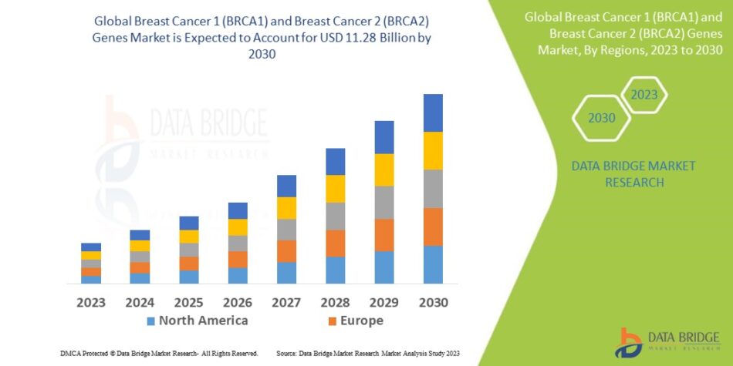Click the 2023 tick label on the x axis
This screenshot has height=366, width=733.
(91, 302)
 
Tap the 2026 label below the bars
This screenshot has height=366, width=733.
(238, 302)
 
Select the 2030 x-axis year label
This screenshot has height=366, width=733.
(433, 302)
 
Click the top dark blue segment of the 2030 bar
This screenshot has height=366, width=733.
(433, 112)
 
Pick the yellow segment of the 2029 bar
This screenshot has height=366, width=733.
(384, 170)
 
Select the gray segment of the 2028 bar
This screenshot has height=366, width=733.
(335, 216)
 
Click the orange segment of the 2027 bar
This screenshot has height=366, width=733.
(286, 251)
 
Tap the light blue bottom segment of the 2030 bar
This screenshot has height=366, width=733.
(433, 264)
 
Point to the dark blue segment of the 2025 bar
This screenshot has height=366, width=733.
(189, 223)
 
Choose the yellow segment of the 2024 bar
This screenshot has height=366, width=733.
(140, 246)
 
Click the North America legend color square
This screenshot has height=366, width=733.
(151, 321)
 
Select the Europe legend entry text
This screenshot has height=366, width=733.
(361, 321)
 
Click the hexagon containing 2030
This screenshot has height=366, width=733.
(602, 118)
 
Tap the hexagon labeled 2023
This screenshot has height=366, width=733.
(643, 95)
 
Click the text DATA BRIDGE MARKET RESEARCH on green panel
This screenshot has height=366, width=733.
(622, 174)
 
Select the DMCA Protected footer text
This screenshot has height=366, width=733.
(158, 353)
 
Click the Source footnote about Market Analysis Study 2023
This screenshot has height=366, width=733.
(367, 353)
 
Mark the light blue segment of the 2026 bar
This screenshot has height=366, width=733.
(238, 275)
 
